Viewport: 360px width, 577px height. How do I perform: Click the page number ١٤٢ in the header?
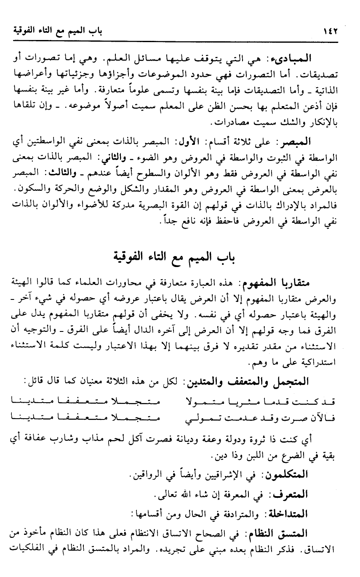tap(331, 31)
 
